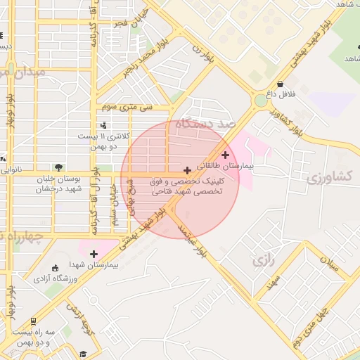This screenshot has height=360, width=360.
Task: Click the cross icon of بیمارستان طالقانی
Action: pyautogui.click(x=225, y=155)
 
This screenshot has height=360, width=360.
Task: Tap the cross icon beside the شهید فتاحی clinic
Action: pyautogui.click(x=187, y=170)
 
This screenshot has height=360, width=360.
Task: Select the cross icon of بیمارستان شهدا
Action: pyautogui.click(x=94, y=254)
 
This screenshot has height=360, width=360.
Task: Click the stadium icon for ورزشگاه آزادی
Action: pyautogui.click(x=56, y=268)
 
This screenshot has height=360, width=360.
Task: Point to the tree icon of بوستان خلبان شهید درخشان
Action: pyautogui.click(x=58, y=167)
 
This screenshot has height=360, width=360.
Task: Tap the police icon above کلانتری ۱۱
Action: pyautogui.click(x=103, y=125)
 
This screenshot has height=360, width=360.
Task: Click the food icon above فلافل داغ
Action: pyautogui.click(x=281, y=84)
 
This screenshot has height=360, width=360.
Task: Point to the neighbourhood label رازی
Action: pyautogui.click(x=262, y=261)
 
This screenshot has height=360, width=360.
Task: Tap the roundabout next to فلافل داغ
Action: pyautogui.click(x=261, y=101)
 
